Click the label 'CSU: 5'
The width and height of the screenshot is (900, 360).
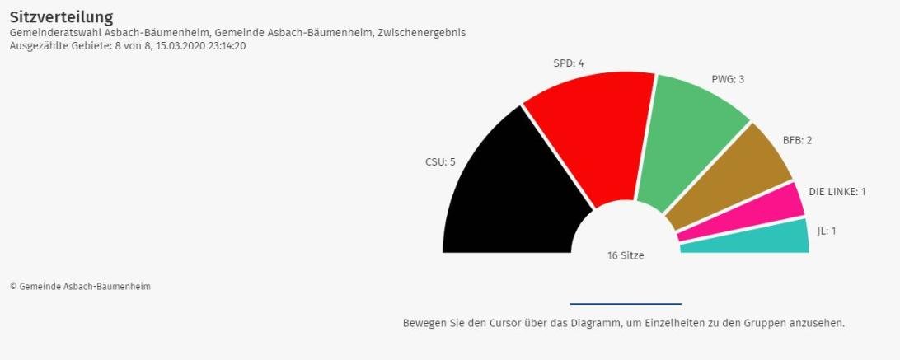coord(440,161)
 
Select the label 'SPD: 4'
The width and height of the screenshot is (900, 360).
coord(570,63)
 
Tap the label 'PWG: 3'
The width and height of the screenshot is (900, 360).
coord(728,79)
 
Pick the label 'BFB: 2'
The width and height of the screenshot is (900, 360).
coord(797,140)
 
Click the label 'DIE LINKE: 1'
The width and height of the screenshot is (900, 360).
coord(837,192)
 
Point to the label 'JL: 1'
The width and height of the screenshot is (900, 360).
coord(826,231)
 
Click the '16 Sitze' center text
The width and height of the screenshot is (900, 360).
coord(626,255)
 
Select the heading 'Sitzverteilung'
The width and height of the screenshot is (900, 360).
coord(62,16)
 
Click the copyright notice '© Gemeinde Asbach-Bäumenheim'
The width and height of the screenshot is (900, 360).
coord(80,287)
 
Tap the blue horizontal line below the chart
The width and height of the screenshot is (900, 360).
coord(626,304)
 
